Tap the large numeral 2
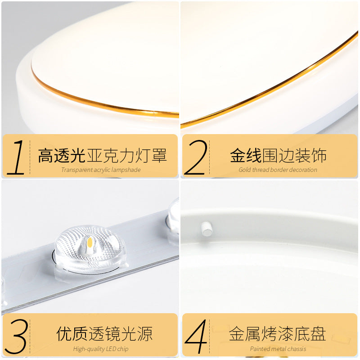point(196,157)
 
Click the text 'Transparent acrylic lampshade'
point(101,170)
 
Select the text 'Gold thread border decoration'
point(278,170)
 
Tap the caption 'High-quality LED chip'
point(101,349)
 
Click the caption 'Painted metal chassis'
point(278,349)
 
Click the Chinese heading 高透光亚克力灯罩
point(102,156)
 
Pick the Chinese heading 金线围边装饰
point(278,156)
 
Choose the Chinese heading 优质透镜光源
point(104,334)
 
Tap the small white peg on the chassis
point(207,229)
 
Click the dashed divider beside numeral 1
point(30,157)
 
